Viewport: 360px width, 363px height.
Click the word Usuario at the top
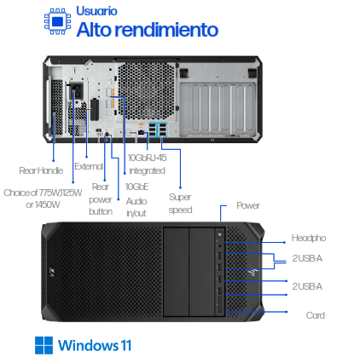[96, 12]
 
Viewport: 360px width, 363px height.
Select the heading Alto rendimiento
[147, 31]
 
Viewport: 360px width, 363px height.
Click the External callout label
[89, 165]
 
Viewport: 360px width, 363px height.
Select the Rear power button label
[101, 198]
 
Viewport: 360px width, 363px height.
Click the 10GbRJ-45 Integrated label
[146, 164]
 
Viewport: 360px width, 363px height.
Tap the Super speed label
[181, 203]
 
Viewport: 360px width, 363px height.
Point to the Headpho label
[309, 238]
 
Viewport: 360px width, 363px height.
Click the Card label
[315, 314]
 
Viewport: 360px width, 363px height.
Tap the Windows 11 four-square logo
[44, 345]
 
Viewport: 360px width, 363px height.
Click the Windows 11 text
[95, 345]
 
